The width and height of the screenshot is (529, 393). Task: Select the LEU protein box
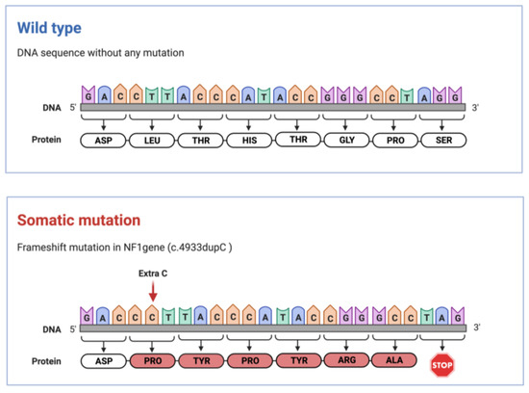pyautogui.click(x=152, y=140)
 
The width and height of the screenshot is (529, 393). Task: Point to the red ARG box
pyautogui.click(x=347, y=361)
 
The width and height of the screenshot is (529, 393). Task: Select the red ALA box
pyautogui.click(x=395, y=361)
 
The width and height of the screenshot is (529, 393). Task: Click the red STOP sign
pyautogui.click(x=443, y=362)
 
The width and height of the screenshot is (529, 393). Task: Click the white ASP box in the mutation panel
pyautogui.click(x=104, y=361)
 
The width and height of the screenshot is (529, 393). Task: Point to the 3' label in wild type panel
pyautogui.click(x=477, y=106)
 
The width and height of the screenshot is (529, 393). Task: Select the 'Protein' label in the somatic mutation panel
pyautogui.click(x=46, y=361)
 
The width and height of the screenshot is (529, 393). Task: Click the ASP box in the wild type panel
pyautogui.click(x=104, y=140)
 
